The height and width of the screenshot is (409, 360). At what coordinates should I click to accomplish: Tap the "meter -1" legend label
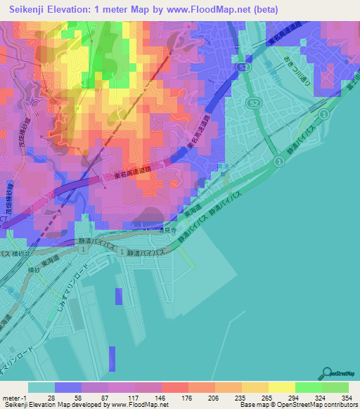click(x=14, y=398)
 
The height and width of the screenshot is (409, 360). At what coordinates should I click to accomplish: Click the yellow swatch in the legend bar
click(x=281, y=387)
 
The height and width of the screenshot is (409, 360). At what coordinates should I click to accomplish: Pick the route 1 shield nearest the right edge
click(x=324, y=115)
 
